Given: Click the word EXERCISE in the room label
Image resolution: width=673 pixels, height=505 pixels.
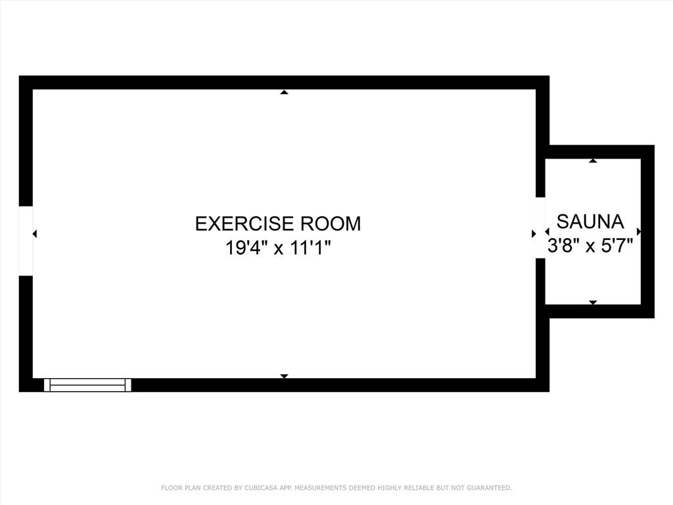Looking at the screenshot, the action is (x=244, y=224).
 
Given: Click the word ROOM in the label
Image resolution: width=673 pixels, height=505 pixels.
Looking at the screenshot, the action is (x=331, y=224).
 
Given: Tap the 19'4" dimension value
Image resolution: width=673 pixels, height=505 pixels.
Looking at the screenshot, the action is (x=244, y=248).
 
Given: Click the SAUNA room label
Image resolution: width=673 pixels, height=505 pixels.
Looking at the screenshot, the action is (x=590, y=222).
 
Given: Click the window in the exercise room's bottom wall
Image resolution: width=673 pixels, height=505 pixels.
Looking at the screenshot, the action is (x=87, y=385).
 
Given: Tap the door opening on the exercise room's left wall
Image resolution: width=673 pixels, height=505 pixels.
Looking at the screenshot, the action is (x=26, y=241).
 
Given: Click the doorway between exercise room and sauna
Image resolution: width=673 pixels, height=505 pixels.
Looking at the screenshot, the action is (x=540, y=228).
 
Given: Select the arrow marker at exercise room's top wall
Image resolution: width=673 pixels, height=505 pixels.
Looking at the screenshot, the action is (x=284, y=92).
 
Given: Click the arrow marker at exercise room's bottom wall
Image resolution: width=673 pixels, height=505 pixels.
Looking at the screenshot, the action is (x=284, y=376).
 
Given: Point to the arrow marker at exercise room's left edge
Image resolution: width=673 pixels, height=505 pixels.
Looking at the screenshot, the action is (x=35, y=233).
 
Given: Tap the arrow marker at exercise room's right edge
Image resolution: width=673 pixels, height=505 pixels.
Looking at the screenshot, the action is (x=534, y=233).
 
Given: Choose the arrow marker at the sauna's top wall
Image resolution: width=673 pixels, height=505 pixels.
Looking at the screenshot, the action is (x=593, y=160).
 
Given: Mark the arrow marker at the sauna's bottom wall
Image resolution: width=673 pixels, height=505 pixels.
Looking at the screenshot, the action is (x=593, y=302).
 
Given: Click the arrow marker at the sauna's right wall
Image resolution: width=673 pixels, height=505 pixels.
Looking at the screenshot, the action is (x=639, y=231).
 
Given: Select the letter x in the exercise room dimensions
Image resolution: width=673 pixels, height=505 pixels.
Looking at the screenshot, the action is (x=279, y=249).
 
